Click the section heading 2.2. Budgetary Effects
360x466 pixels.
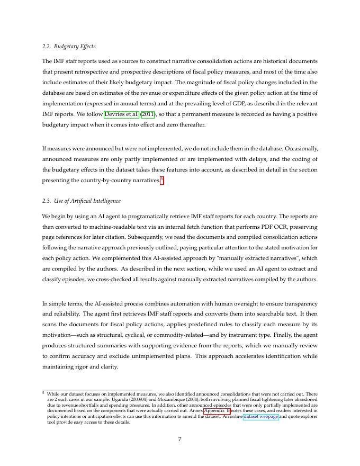click(x=69, y=47)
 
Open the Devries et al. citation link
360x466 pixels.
click(x=122, y=114)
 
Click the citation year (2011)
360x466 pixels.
click(x=148, y=114)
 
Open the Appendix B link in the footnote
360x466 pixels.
click(x=217, y=410)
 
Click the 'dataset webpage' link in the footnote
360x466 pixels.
click(x=260, y=417)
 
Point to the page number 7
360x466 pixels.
click(x=180, y=439)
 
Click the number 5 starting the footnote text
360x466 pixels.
click(x=43, y=393)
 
